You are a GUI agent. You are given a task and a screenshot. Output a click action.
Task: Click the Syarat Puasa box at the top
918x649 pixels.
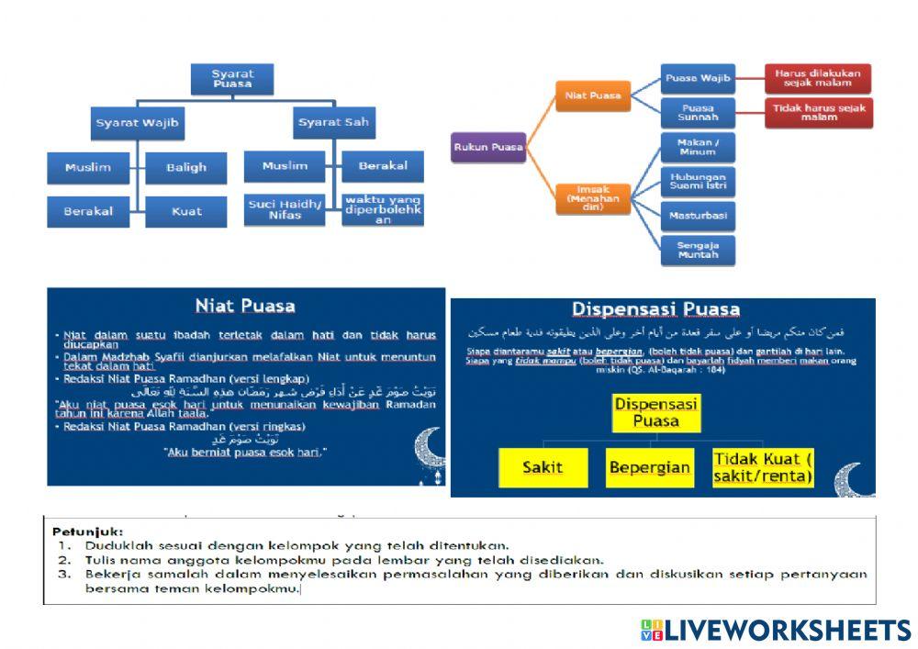pyautogui.click(x=232, y=79)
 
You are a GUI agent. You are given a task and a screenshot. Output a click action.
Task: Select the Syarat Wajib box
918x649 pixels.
pyautogui.click(x=137, y=122)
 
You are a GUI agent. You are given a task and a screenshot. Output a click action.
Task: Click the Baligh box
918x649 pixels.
pyautogui.click(x=186, y=167)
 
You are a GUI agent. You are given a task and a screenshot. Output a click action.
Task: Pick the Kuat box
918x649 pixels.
pyautogui.click(x=186, y=211)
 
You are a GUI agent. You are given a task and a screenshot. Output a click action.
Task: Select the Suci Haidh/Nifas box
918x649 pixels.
pyautogui.click(x=285, y=210)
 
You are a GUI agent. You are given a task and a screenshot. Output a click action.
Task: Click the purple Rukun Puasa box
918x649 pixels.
pyautogui.click(x=487, y=147)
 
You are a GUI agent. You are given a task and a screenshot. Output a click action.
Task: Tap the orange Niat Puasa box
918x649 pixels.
pyautogui.click(x=592, y=95)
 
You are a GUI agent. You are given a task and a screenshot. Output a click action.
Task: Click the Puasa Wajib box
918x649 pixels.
pyautogui.click(x=698, y=78)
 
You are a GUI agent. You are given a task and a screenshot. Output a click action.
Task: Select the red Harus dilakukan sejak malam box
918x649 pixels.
pyautogui.click(x=817, y=78)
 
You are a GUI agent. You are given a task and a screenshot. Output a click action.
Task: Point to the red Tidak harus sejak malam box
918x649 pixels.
pyautogui.click(x=817, y=112)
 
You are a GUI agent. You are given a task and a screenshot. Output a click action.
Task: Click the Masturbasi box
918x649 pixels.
pyautogui.click(x=698, y=216)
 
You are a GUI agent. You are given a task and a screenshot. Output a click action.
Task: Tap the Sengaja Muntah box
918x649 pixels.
pyautogui.click(x=698, y=251)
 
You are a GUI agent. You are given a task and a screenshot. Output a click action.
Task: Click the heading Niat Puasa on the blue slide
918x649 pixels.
pyautogui.click(x=245, y=306)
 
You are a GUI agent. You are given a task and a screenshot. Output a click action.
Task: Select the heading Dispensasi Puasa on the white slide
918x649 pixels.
pyautogui.click(x=655, y=309)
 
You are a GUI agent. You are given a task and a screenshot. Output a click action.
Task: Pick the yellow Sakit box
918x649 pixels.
pyautogui.click(x=543, y=467)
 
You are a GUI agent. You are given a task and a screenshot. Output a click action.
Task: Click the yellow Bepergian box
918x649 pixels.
pyautogui.click(x=649, y=467)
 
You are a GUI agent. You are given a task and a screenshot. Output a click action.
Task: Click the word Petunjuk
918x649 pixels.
pyautogui.click(x=87, y=531)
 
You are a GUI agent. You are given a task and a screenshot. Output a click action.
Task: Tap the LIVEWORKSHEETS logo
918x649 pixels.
pyautogui.click(x=776, y=630)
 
